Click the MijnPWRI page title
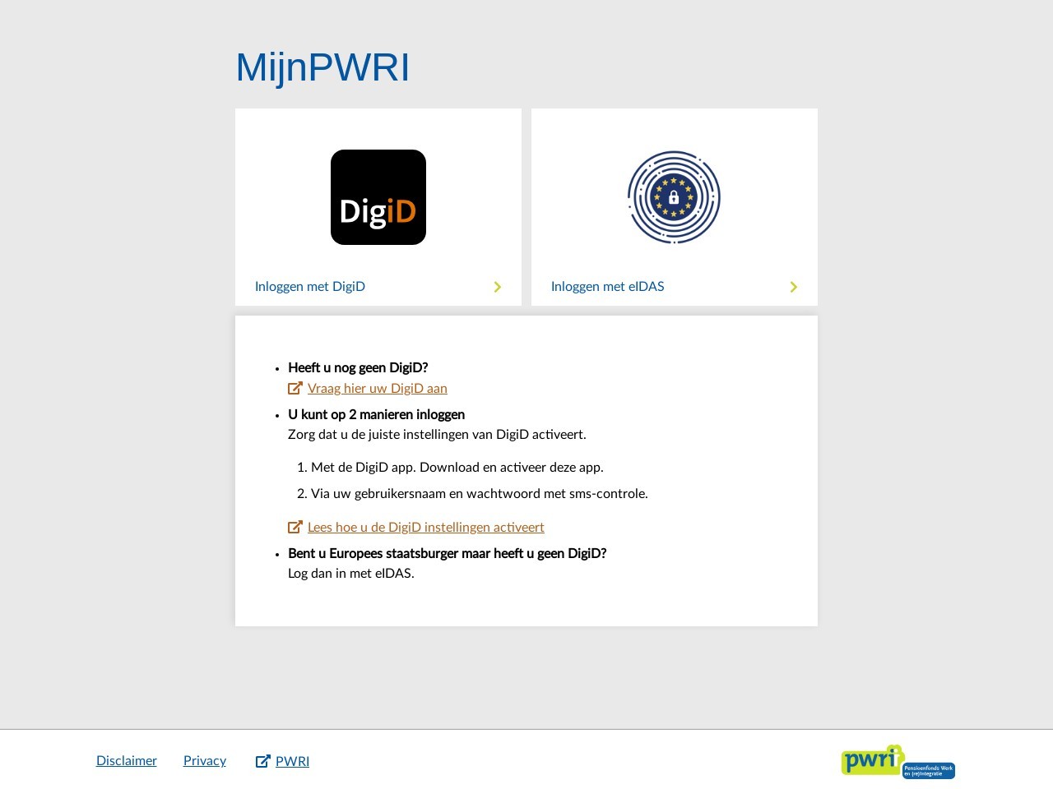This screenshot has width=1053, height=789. [x=322, y=67]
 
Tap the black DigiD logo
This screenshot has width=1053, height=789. [x=378, y=197]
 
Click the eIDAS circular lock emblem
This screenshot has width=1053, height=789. [x=674, y=197]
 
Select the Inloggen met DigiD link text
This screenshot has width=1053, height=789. [x=310, y=287]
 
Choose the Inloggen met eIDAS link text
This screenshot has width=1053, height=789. [x=607, y=287]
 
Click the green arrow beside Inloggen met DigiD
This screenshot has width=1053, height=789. [x=498, y=287]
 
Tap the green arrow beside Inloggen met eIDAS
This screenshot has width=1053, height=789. [x=794, y=287]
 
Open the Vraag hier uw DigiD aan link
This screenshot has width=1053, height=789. [x=377, y=389]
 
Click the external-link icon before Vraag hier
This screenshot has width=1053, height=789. [x=295, y=388]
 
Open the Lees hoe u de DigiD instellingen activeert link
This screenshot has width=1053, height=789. [x=425, y=528]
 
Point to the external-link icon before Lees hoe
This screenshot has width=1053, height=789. [x=295, y=527]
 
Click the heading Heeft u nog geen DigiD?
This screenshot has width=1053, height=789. [x=358, y=368]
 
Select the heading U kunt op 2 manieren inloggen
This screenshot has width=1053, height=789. [x=376, y=415]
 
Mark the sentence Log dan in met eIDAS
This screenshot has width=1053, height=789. [x=350, y=574]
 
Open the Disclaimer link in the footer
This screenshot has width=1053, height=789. [x=126, y=761]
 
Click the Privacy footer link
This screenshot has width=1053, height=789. [x=204, y=761]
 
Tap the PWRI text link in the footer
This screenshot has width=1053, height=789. [x=292, y=761]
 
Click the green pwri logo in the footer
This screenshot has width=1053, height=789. [x=898, y=762]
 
